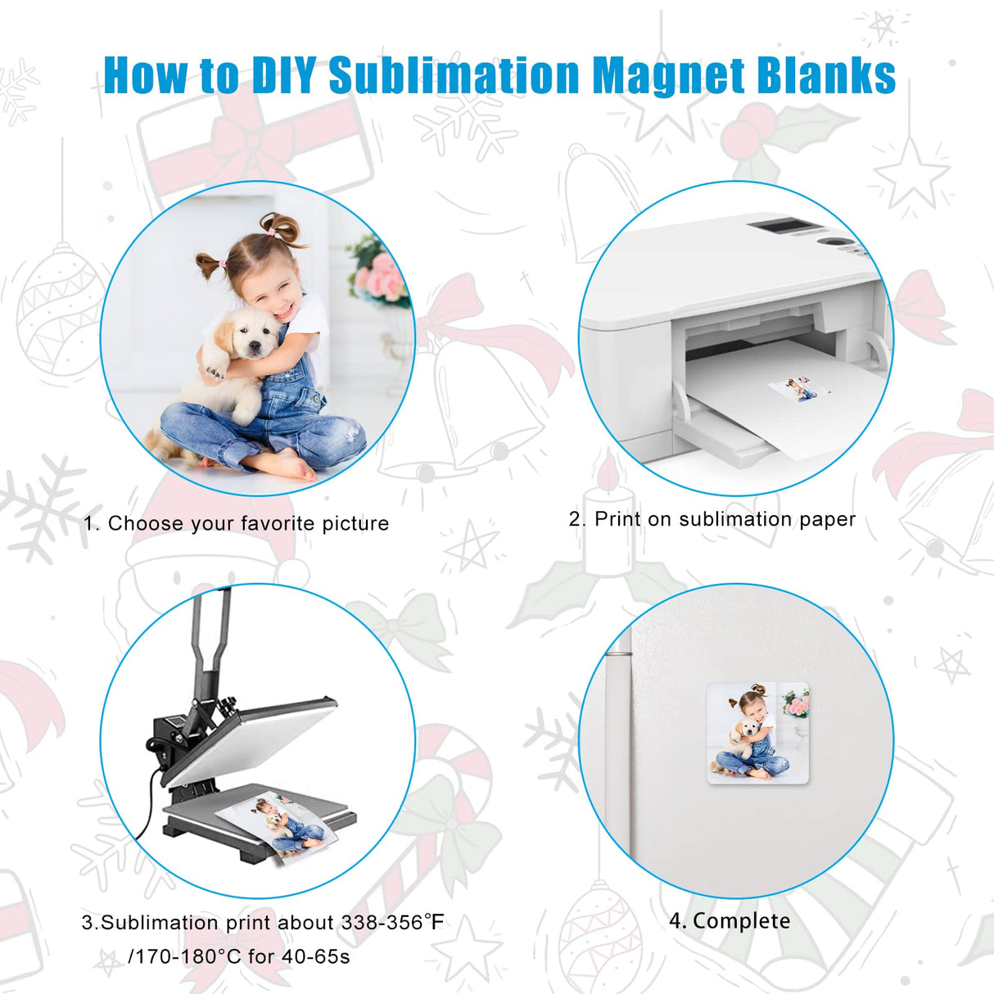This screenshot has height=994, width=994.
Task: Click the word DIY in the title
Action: click(x=283, y=75)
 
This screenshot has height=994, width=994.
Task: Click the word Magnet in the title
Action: click(x=668, y=75)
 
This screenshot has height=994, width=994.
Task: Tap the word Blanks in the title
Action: click(x=826, y=75)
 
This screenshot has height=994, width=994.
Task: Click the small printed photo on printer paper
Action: click(x=797, y=388)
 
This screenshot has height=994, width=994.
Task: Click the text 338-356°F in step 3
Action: click(x=392, y=923)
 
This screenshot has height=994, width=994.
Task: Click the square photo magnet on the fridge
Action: click(x=757, y=734)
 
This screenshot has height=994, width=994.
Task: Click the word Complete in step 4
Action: click(x=741, y=921)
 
